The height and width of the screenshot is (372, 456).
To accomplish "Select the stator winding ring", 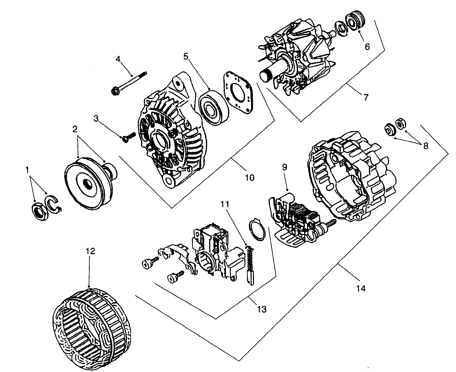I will click(x=91, y=324).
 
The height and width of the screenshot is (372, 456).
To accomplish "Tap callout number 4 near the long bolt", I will click(x=118, y=58).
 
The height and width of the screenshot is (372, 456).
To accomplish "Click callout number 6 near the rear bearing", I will click(x=367, y=46).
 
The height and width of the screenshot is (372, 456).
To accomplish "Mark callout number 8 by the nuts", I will click(x=425, y=145).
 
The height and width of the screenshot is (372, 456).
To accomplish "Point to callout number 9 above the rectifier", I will click(x=284, y=167).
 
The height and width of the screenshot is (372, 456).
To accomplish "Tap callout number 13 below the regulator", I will click(x=261, y=309).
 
